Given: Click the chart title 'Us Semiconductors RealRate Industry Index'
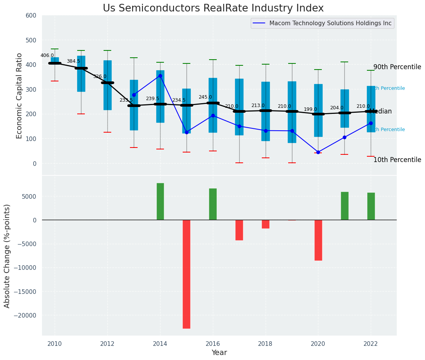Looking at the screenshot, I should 213,8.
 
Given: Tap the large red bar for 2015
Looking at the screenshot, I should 187,274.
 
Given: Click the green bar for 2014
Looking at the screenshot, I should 160,201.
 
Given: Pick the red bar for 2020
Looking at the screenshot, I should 318,240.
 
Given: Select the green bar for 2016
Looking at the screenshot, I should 213,204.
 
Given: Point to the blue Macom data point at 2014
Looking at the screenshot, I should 160,76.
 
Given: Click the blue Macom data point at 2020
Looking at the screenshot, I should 318,152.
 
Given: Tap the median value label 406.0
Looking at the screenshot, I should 47,55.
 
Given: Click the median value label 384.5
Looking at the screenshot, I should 73,61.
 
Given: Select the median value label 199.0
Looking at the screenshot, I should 310,109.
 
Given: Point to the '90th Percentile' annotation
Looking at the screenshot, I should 397,67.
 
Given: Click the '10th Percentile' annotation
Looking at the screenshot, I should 397,160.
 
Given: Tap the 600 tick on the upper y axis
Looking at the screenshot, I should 31,16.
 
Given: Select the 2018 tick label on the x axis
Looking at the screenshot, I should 265,344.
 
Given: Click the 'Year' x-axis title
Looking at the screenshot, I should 219,353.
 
